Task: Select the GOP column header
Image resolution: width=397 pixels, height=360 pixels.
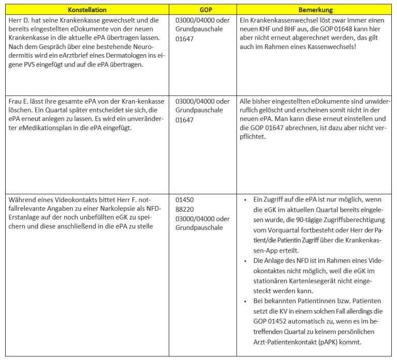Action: [x=205, y=10]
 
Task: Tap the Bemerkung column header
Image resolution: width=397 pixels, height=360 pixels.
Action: [x=316, y=10]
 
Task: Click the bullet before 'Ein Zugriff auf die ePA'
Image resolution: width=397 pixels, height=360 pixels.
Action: [x=245, y=199]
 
